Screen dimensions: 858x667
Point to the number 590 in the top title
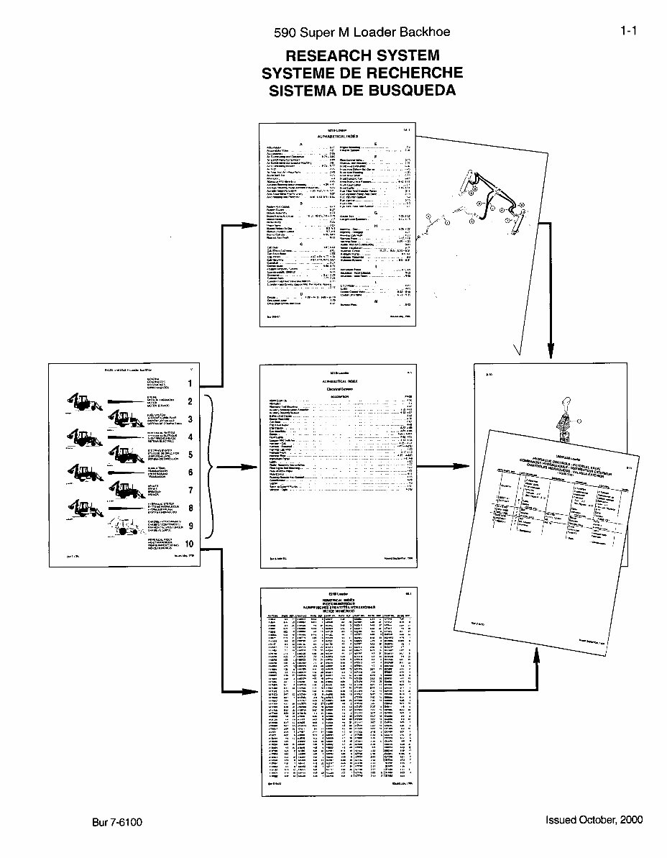click(x=285, y=32)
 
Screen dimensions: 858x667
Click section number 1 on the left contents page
click(x=190, y=384)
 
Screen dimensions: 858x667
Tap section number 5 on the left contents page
click(x=190, y=455)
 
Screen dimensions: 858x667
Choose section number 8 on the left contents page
click(x=190, y=508)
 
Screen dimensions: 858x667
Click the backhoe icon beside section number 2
click(x=82, y=401)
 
